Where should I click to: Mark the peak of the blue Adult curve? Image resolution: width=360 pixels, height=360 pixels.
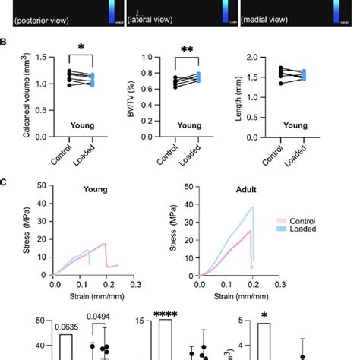(x=251, y=207)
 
